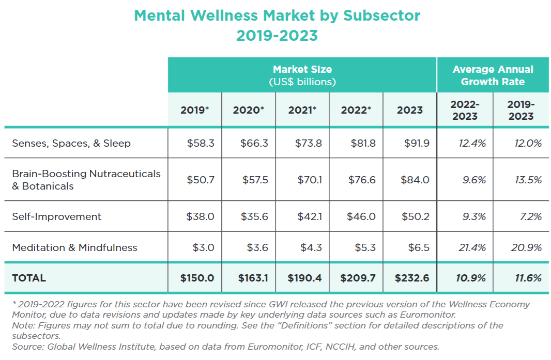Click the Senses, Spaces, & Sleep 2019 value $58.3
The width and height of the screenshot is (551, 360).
201,143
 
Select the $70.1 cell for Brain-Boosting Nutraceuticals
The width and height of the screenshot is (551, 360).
310,180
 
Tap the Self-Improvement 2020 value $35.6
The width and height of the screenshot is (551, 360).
254,216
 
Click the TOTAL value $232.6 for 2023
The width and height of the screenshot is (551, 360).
412,278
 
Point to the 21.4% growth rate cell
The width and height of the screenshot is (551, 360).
472,247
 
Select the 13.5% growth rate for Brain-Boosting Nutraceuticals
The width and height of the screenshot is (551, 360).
528,180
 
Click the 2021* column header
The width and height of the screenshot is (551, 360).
302,110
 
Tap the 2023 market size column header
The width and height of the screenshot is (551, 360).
410,110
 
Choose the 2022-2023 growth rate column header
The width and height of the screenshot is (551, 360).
465,110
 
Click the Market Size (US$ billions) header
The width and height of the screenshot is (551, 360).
302,75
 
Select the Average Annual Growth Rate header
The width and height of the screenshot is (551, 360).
493,75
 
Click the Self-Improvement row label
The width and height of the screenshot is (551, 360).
57,216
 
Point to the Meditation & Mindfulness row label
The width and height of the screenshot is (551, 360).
74,247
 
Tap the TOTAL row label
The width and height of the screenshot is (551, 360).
29,278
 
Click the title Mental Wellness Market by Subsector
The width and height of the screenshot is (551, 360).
277,15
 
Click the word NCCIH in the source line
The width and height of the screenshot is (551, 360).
345,347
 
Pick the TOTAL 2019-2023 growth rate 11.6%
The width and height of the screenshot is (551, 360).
527,278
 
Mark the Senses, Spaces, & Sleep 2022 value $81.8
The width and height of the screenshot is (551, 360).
362,143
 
